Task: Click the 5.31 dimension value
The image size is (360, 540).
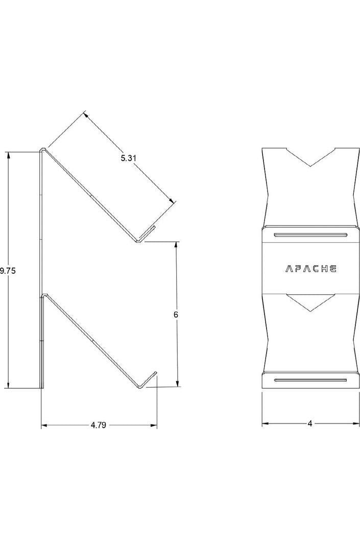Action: tap(129, 158)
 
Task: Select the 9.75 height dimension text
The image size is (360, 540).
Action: tap(8, 271)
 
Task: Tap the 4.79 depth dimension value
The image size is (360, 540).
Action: tap(98, 425)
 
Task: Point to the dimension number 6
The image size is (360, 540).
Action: tap(176, 315)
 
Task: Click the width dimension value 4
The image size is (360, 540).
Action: tap(309, 424)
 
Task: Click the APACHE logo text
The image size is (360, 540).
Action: tap(310, 268)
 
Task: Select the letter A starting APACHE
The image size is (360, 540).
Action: tap(287, 268)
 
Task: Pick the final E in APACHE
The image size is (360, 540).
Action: tap(332, 268)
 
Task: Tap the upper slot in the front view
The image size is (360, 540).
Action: tap(310, 235)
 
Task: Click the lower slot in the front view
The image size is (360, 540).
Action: tap(310, 380)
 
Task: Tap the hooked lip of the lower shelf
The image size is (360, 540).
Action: tap(148, 381)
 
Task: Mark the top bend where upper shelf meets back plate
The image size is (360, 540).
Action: tap(43, 150)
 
